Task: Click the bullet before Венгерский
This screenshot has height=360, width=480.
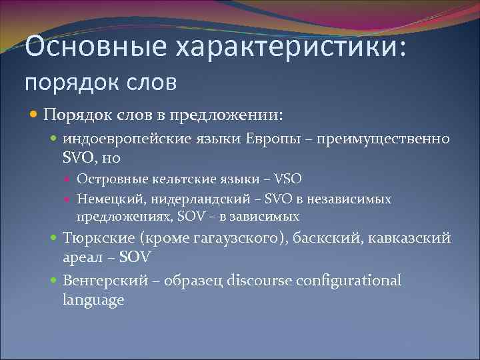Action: tap(55, 280)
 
